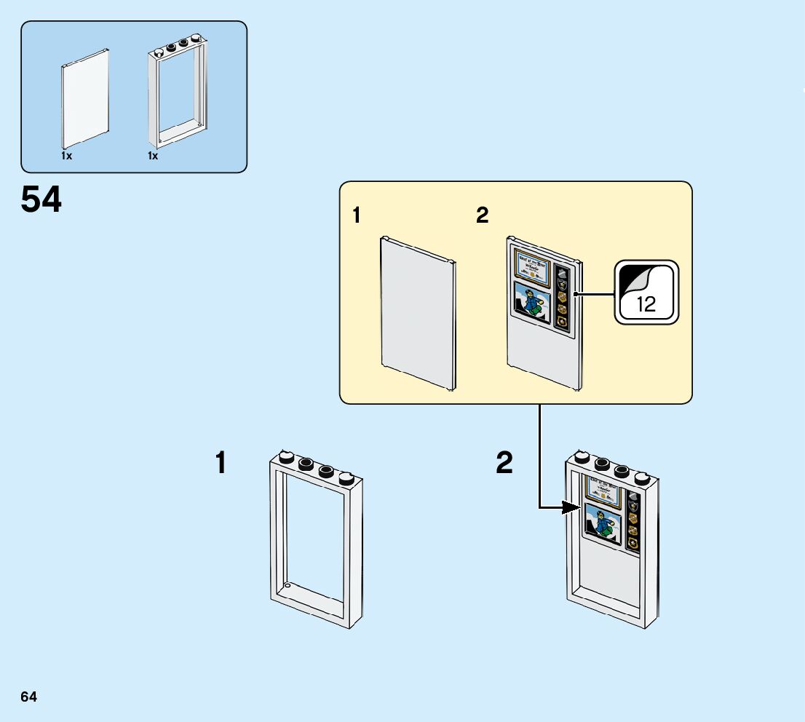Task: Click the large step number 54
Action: tap(41, 199)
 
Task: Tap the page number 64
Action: tap(29, 697)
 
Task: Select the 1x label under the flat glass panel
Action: tap(66, 156)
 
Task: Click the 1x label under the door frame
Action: tap(153, 156)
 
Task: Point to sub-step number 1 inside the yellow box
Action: tap(356, 216)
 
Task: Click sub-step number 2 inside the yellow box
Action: tap(482, 216)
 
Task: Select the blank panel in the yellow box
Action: tap(419, 314)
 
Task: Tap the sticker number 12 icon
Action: tap(647, 293)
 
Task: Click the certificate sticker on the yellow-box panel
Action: tap(532, 265)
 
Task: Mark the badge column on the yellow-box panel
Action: tap(562, 297)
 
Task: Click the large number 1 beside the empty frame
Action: tap(221, 464)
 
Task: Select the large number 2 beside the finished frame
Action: tap(504, 464)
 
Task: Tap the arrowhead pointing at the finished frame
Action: tap(574, 507)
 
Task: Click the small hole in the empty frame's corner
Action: tap(287, 585)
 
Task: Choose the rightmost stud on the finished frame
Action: tap(642, 478)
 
